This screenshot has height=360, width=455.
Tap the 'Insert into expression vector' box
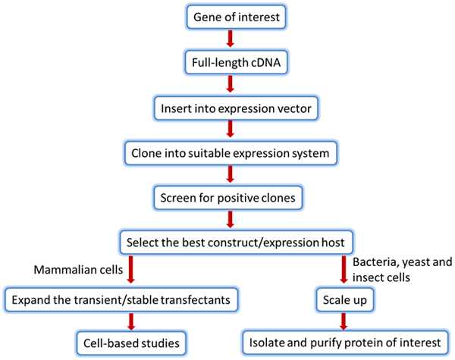point(227,108)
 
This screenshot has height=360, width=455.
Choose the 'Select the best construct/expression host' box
point(227,243)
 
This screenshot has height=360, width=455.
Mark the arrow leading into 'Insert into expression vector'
point(227,85)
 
